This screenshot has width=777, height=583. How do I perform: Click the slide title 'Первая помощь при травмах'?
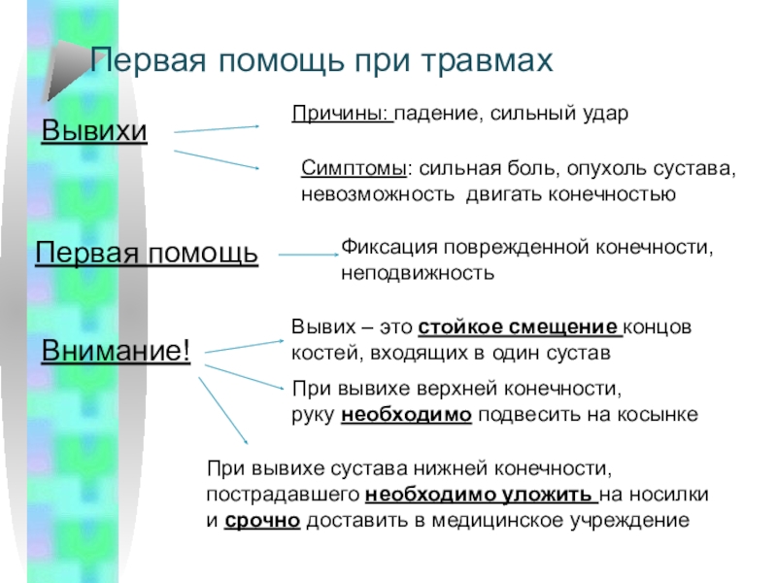click(x=321, y=62)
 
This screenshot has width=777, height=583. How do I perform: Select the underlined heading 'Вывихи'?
click(x=94, y=130)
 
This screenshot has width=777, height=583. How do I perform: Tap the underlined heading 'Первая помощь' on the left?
click(x=147, y=254)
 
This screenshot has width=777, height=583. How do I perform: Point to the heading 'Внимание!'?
click(x=116, y=351)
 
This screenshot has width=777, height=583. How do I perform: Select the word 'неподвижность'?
click(x=417, y=273)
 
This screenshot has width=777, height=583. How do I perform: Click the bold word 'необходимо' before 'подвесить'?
click(x=407, y=415)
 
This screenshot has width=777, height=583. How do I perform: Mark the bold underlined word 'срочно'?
click(x=263, y=520)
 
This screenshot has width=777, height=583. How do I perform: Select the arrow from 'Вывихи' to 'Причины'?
click(x=217, y=127)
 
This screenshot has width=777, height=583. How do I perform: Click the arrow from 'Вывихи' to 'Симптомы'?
click(x=217, y=160)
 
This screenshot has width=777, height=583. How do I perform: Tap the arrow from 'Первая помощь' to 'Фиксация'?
click(x=307, y=255)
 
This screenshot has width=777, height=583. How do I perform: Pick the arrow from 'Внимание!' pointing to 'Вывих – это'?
click(x=243, y=344)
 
